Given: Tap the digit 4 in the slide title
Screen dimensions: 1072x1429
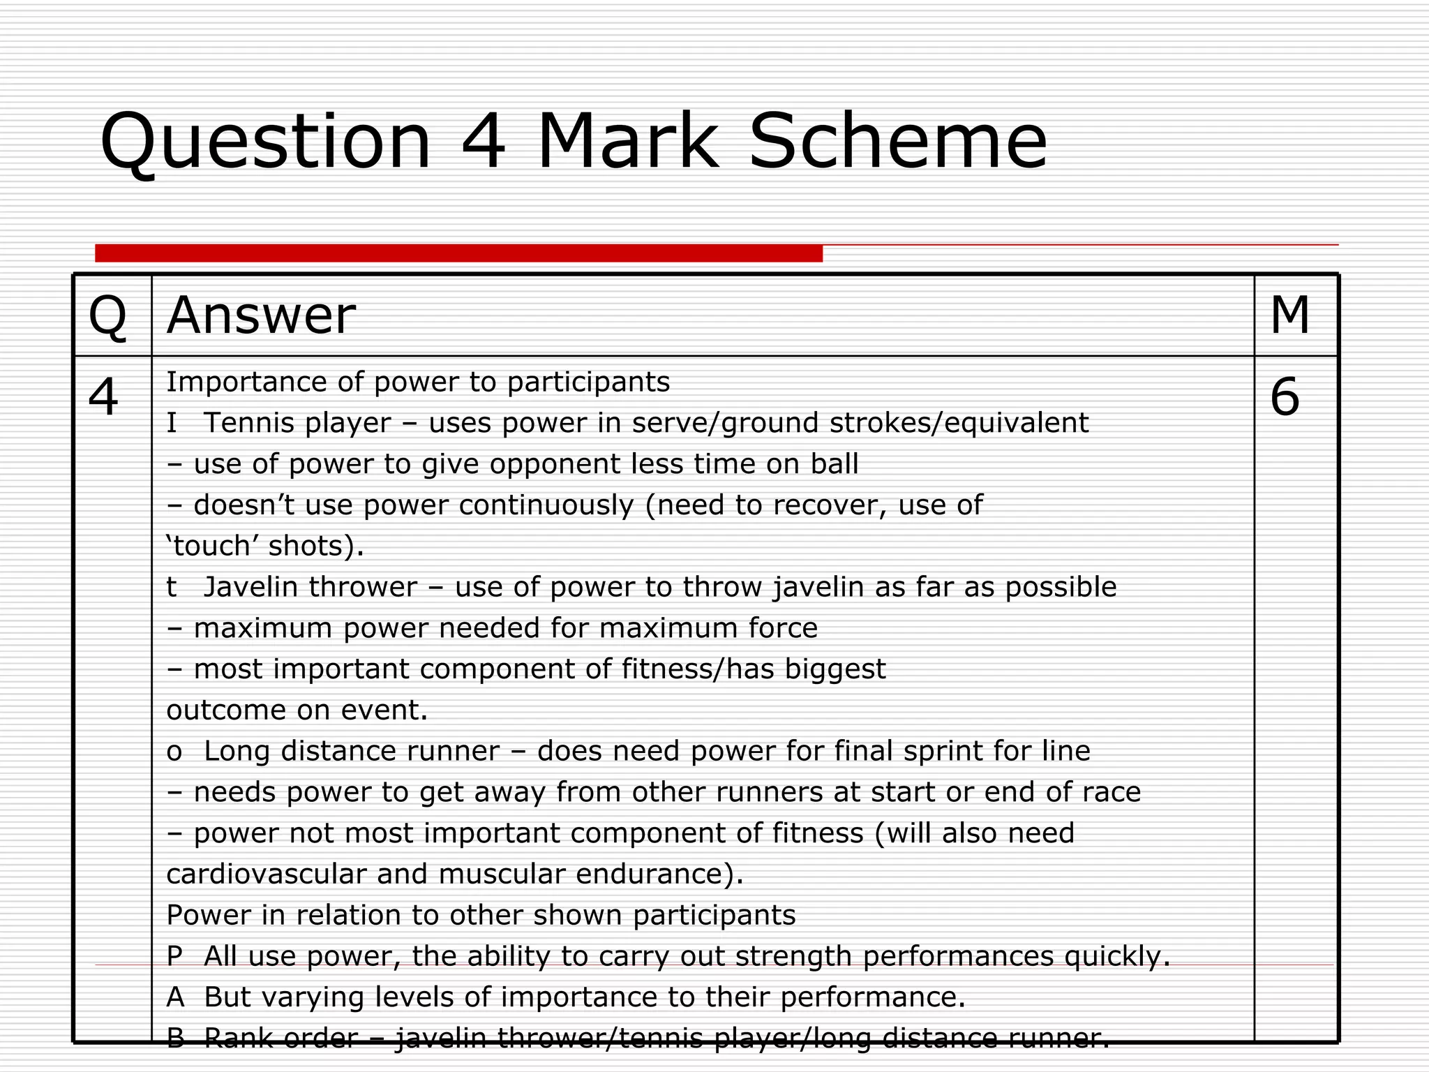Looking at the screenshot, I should click(x=483, y=142).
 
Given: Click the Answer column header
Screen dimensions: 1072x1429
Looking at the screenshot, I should click(x=261, y=316).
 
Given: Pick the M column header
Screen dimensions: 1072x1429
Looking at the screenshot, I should click(x=1289, y=316).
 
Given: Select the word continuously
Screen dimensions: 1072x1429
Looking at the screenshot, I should click(x=546, y=505).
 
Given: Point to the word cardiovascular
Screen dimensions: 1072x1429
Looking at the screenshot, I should click(x=267, y=874).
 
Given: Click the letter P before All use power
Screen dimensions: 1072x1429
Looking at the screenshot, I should click(x=174, y=956).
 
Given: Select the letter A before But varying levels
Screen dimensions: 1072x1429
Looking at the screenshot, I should click(x=175, y=997).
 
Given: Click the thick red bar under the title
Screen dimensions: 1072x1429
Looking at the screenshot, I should click(x=458, y=253).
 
